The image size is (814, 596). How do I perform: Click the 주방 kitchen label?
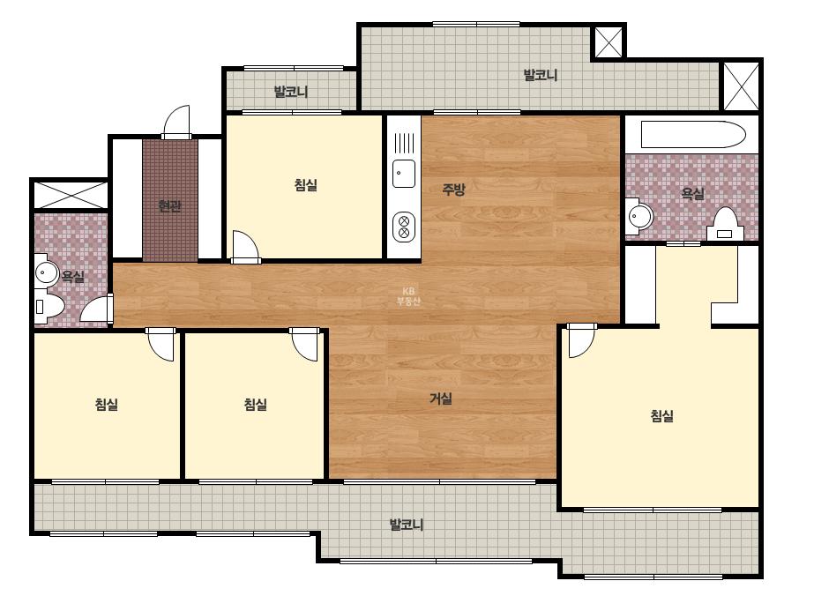pos(453,190)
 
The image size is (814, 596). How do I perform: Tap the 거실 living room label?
pos(441,399)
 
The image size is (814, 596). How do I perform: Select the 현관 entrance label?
pos(169,206)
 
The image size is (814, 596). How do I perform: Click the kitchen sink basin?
pos(403,174)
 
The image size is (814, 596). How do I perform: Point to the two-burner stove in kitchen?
pos(403,227)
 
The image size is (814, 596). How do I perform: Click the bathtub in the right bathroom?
pos(693,135)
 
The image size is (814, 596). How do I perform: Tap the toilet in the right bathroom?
pos(725,224)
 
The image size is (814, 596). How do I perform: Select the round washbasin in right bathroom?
pos(639,215)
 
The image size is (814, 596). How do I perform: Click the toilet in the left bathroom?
pos(49,306)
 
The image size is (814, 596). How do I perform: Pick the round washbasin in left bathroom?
pos(47,272)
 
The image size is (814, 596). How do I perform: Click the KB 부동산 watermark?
pos(408,296)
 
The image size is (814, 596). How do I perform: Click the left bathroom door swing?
pos(97,310)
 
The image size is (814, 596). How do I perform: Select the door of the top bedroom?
pos(245,247)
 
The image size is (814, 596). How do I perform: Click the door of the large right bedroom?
pos(581,340)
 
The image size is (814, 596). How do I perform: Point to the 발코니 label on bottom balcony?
pos(407,525)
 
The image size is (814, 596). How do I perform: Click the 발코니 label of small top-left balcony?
pos(291,92)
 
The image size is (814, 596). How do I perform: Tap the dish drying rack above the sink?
pos(405,143)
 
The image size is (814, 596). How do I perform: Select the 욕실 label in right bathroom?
pos(692,194)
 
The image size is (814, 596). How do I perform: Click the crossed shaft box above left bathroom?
pos(71,194)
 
